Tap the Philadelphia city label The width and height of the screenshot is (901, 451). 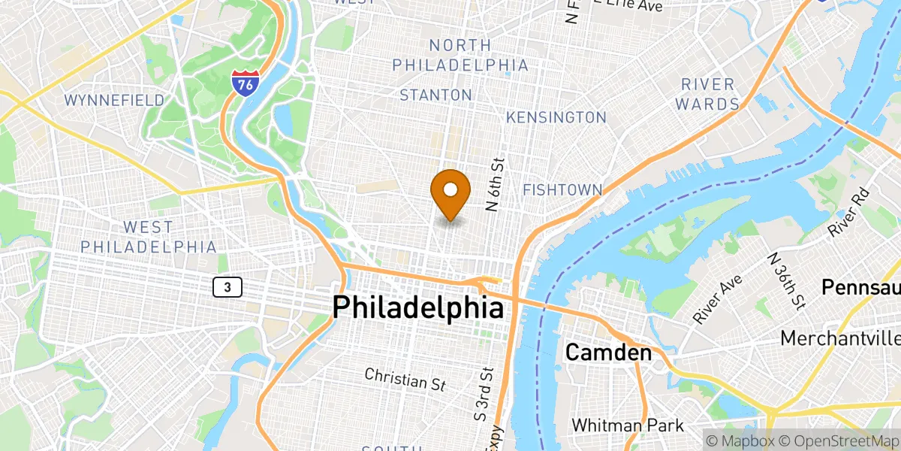(417, 308)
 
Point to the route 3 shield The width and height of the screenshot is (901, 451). (227, 286)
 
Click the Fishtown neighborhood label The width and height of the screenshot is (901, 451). (562, 190)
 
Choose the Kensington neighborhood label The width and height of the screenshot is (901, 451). (556, 117)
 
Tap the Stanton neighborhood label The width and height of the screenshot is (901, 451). (435, 95)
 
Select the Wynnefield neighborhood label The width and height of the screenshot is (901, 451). (114, 100)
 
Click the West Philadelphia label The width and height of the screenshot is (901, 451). (148, 237)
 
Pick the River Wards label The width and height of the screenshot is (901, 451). (708, 93)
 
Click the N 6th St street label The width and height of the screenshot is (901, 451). (495, 184)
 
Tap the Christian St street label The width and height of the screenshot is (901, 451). (405, 379)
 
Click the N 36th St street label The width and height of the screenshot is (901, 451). (783, 280)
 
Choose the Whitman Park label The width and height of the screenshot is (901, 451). (628, 425)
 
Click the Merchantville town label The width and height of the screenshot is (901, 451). (840, 338)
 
